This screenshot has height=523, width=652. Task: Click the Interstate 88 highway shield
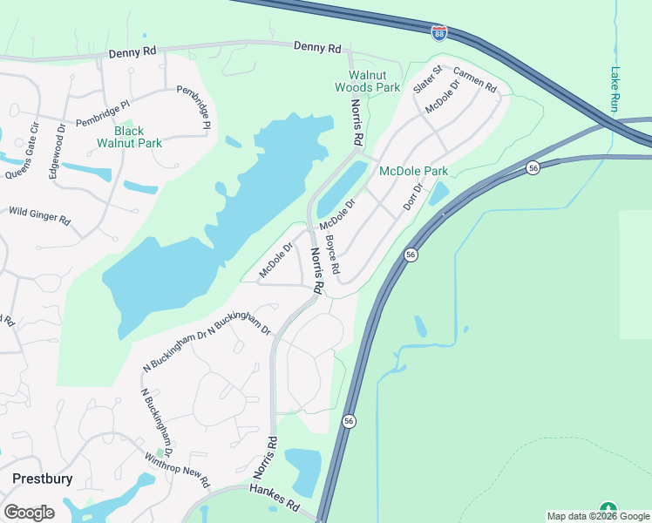coord(439,33)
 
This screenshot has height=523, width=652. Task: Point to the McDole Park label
coord(413,172)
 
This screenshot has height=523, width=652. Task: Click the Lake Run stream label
coord(615,90)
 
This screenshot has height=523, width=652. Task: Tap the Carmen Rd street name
coord(474,79)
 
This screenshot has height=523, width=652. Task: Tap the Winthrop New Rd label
coord(177,470)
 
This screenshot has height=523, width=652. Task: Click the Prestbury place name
coord(42,479)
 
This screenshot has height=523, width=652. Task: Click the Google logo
coord(29,513)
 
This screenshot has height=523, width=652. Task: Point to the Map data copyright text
coord(599,516)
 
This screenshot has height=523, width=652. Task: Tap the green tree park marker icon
coord(608,509)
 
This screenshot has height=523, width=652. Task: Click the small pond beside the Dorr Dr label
coord(439,194)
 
